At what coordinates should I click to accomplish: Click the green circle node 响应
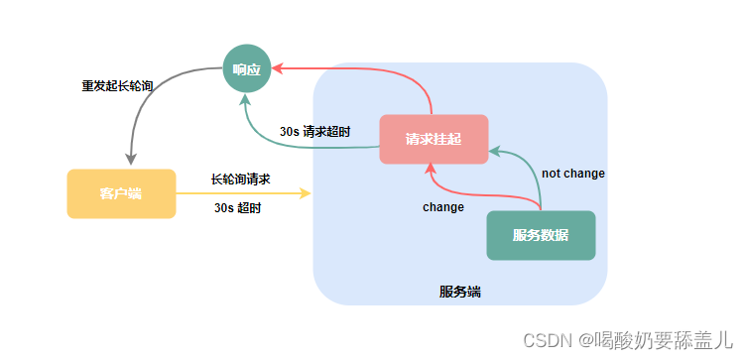(x=247, y=68)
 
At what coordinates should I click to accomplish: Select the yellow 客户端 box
(x=121, y=193)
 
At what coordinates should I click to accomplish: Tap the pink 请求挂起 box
(x=434, y=139)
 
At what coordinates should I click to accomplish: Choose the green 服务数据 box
(x=541, y=235)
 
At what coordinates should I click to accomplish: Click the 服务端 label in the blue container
(x=460, y=292)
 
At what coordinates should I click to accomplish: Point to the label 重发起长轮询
(x=117, y=85)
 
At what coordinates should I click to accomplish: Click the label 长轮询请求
(x=241, y=180)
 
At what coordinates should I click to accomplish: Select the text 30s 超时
(x=238, y=207)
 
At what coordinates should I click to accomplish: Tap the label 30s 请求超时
(x=314, y=130)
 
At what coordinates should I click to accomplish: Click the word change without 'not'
(x=443, y=207)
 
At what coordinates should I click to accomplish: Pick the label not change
(x=572, y=174)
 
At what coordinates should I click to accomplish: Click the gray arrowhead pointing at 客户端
(x=130, y=161)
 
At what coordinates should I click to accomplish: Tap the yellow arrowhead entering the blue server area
(x=307, y=193)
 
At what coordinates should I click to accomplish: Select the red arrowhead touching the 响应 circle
(x=279, y=68)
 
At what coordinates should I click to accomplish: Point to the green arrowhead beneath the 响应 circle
(x=248, y=98)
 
